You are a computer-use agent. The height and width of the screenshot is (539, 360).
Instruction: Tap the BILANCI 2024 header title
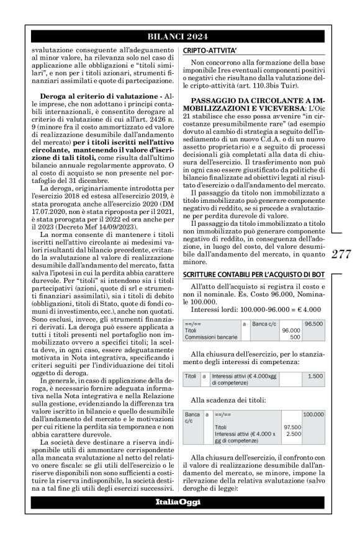(x=179, y=36)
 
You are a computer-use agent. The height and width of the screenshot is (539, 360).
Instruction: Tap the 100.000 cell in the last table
(x=312, y=413)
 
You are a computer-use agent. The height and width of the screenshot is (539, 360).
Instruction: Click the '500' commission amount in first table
(x=295, y=337)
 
